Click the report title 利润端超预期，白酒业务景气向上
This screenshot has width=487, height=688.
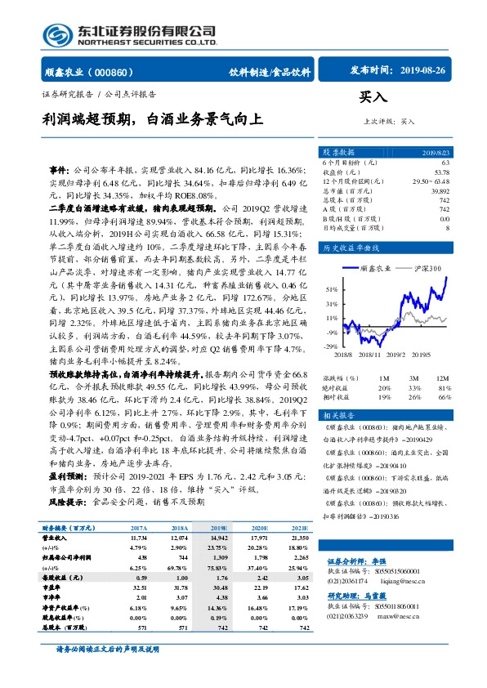click(154, 119)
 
